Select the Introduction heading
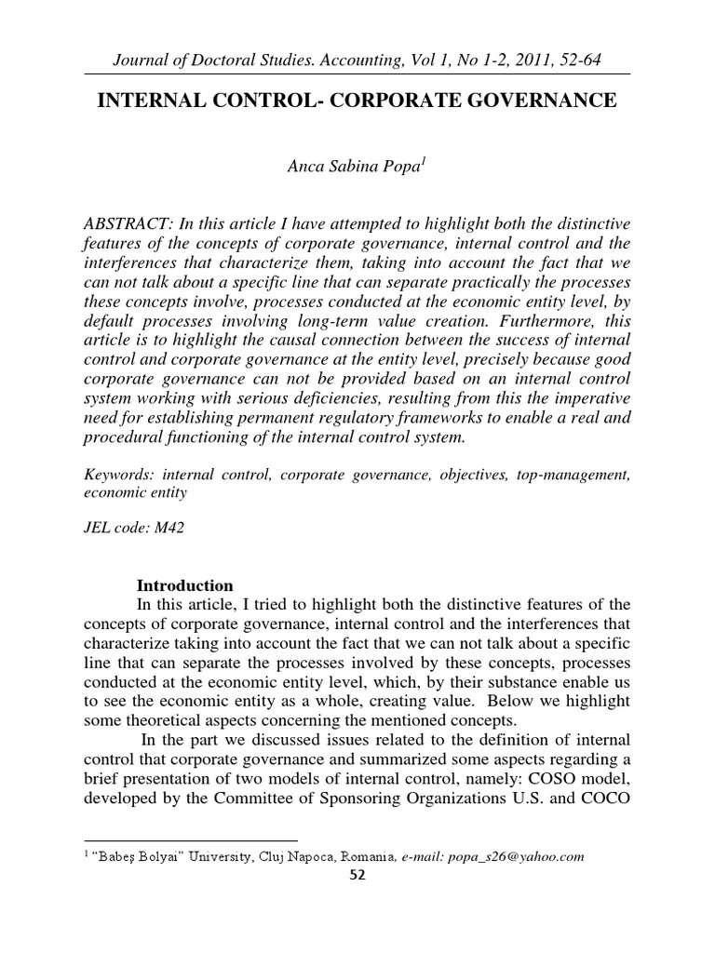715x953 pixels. coord(185,585)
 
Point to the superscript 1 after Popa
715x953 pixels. coord(424,164)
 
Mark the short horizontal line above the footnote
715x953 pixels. coord(190,839)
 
